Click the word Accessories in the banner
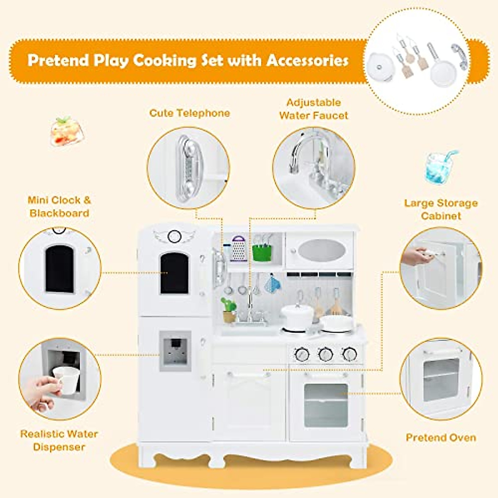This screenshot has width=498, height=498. [307, 61]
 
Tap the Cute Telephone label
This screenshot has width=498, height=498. [190, 113]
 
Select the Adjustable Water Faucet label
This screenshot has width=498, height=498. [314, 109]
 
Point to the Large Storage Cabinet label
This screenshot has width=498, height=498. [441, 209]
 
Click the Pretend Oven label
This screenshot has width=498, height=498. [441, 437]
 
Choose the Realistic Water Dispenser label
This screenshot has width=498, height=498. [59, 440]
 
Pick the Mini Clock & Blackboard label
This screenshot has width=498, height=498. [59, 206]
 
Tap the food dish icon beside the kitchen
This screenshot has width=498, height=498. [66, 132]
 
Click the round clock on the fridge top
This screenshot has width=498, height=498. [173, 237]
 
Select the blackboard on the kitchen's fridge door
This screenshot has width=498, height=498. [174, 273]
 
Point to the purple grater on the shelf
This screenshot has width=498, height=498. [239, 249]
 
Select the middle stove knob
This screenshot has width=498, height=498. [325, 354]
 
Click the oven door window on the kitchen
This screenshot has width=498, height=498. [326, 405]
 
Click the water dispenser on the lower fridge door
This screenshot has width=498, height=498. [176, 351]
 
